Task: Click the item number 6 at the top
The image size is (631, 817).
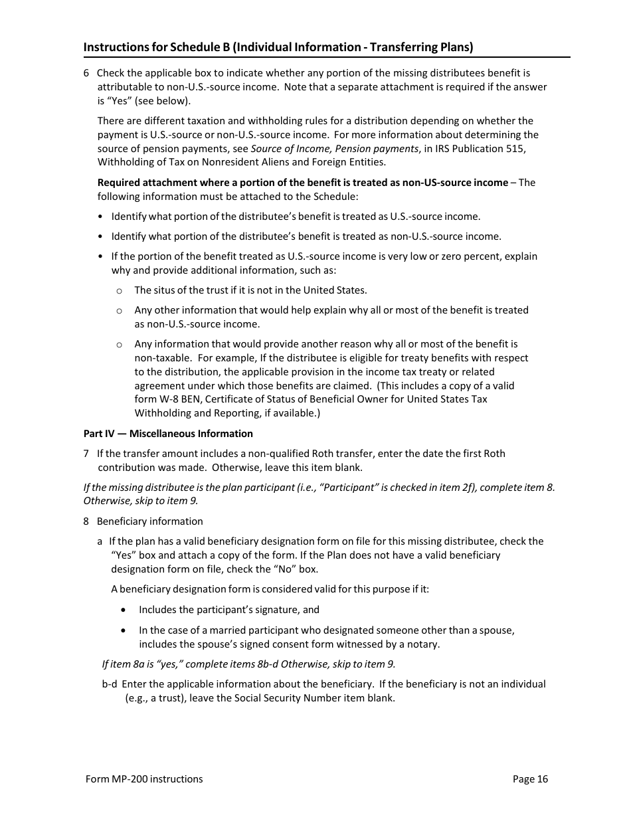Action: point(86,73)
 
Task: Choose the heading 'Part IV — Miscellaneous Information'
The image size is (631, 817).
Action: point(168,434)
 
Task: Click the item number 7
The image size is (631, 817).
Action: point(86,454)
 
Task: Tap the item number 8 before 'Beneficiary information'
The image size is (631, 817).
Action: point(86,521)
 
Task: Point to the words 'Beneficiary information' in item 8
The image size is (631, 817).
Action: point(150,521)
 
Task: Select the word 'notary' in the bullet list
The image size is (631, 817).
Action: point(423,644)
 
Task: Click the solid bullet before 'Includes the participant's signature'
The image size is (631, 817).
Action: point(124,610)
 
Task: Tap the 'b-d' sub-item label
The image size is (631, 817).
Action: point(110,684)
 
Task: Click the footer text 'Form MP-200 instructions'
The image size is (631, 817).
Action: point(144,779)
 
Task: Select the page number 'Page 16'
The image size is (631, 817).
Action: point(530,779)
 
